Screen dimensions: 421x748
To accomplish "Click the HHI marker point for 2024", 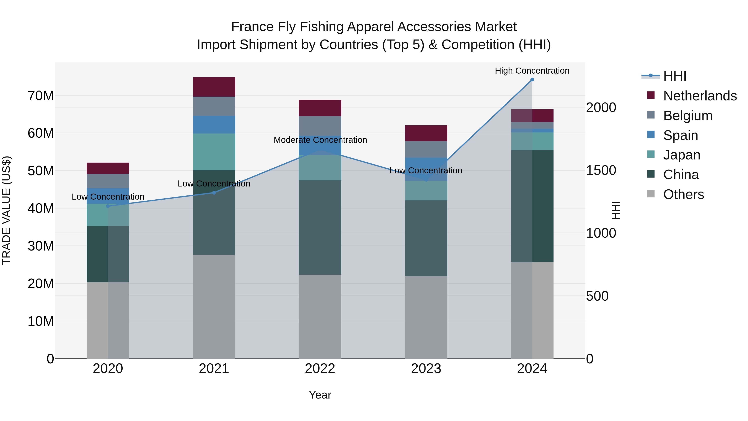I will click(532, 80).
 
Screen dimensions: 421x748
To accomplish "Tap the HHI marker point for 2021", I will click(214, 193).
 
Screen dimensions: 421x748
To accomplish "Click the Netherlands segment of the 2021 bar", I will click(214, 87).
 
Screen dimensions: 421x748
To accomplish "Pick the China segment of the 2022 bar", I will click(320, 227).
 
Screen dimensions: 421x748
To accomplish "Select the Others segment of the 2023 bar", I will click(426, 317).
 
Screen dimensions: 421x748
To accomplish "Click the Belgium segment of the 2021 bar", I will click(214, 106).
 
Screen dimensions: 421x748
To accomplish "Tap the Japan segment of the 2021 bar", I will click(214, 152).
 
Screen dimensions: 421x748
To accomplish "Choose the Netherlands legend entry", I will click(700, 96).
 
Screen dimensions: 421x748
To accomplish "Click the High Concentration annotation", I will click(532, 71).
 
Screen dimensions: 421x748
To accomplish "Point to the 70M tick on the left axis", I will click(41, 96).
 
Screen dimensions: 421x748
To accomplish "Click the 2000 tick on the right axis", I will click(601, 107).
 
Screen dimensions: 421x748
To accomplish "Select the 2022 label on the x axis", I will click(320, 369).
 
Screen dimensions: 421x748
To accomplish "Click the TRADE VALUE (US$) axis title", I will click(6, 210).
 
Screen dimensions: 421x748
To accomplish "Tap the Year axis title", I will click(320, 395).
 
